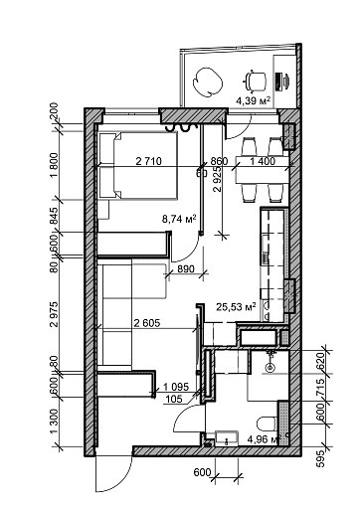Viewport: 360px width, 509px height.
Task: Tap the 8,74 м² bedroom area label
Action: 179,219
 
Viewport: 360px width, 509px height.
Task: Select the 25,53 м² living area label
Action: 237,307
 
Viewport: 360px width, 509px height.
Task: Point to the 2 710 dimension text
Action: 149,161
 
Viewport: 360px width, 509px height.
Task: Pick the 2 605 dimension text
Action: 147,323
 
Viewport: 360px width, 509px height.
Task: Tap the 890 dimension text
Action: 186,269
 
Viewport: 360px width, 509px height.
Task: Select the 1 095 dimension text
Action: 176,387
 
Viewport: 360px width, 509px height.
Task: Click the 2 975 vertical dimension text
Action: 54,314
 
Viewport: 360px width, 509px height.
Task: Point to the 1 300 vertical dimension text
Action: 54,422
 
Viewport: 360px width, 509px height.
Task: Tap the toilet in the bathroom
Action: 268,424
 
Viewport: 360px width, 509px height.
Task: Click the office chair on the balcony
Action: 256,81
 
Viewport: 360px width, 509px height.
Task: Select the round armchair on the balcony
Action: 207,83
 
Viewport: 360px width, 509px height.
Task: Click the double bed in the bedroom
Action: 138,165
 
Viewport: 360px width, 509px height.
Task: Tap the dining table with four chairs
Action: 262,169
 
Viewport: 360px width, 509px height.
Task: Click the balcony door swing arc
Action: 243,130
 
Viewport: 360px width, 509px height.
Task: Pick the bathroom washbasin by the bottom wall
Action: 227,438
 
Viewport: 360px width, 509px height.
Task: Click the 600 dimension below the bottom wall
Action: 202,472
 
